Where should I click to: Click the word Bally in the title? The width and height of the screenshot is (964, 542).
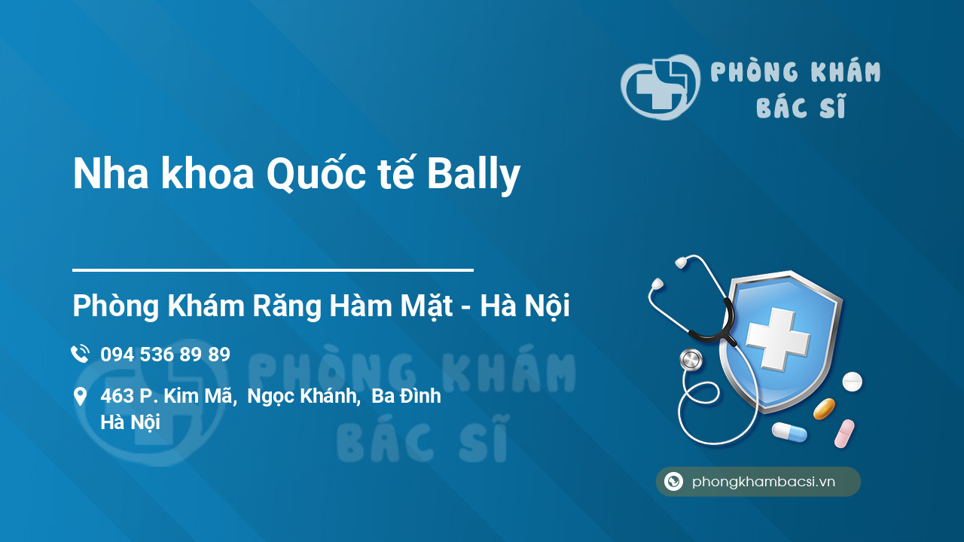pos(474,174)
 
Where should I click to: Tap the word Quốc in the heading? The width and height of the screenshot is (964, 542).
pos(316,172)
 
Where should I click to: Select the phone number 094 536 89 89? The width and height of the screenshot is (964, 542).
pos(165,355)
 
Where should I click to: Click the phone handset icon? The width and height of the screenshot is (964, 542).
pos(80,354)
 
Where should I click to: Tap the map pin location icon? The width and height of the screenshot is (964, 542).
pos(80,397)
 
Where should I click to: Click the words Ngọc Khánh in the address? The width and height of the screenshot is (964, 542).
pos(304,397)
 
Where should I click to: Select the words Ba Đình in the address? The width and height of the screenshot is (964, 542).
pos(406,396)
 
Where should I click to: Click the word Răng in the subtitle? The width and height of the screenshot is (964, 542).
pos(287,306)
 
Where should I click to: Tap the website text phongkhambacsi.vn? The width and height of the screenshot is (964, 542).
pos(764,482)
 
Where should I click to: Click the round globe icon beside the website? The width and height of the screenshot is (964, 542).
pos(673,481)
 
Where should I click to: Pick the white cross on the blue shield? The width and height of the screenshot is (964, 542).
pos(778,339)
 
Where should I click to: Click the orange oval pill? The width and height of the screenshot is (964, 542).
pos(824,409)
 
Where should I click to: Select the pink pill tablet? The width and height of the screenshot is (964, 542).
pos(844,434)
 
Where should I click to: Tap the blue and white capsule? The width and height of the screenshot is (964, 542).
pos(789,432)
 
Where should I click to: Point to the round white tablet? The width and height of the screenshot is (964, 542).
pos(852,382)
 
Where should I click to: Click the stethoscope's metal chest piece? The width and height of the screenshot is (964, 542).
pos(691,360)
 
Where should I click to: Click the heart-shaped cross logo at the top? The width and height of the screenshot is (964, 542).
pos(660,87)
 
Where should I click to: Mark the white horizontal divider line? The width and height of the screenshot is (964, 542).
pos(273,270)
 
